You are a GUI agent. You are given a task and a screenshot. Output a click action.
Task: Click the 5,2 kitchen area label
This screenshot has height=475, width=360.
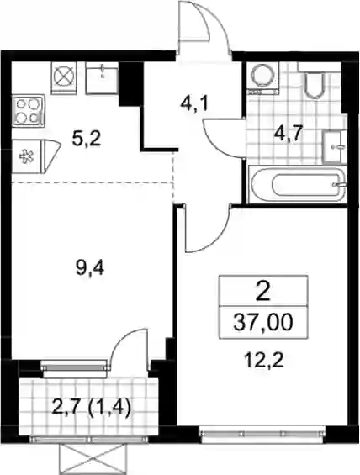[x=87, y=140]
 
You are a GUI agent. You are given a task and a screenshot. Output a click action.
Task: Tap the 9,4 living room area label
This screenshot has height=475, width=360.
[x=90, y=268]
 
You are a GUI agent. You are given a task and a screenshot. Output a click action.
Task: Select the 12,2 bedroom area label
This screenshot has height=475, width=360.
[x=265, y=361]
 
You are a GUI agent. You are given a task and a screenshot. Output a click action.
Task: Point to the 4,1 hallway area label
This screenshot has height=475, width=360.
[x=193, y=104]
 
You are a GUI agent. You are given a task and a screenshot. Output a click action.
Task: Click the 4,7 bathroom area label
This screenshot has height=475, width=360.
[x=288, y=134]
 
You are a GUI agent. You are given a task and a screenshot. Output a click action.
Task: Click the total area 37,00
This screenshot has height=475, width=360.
[x=263, y=322]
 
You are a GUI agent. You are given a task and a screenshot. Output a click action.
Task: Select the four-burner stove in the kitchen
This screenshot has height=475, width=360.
[x=29, y=111]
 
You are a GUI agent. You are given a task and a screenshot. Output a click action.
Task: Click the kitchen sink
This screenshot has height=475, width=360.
[x=102, y=77]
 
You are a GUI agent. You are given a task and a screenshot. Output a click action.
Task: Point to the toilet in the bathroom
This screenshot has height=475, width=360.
[x=315, y=81]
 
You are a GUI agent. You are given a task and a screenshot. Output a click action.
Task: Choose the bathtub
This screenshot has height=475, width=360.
[x=297, y=184]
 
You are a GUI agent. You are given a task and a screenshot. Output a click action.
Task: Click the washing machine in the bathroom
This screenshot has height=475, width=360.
[x=261, y=77]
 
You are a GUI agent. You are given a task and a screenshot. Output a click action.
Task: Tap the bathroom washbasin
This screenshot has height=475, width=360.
[x=334, y=146]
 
